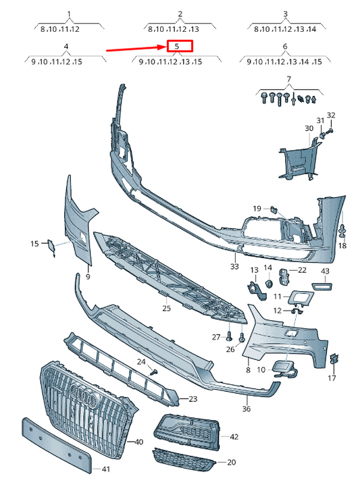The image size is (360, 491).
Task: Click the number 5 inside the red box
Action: [x=177, y=46]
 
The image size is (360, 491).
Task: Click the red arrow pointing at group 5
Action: [x=135, y=49]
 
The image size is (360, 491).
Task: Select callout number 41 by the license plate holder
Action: [x=105, y=468]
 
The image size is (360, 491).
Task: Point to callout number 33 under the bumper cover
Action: [x=234, y=266]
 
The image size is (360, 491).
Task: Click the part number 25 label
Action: [x=167, y=308]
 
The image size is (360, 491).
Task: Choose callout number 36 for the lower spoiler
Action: [x=247, y=408]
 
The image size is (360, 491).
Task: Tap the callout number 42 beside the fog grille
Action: [x=234, y=437]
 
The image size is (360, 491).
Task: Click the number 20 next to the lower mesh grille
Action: [x=231, y=463]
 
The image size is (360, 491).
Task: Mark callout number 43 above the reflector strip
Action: [x=325, y=272]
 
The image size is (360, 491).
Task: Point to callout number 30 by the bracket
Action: [x=308, y=128]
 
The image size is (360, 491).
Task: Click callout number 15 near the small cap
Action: [x=34, y=243]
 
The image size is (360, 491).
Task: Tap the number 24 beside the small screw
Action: [x=142, y=363]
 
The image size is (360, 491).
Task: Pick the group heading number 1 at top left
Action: [x=69, y=14]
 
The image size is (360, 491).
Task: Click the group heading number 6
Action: [x=284, y=46]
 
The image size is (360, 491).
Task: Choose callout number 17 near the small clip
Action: [x=332, y=379]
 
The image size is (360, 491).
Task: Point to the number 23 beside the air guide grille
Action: [x=192, y=399]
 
